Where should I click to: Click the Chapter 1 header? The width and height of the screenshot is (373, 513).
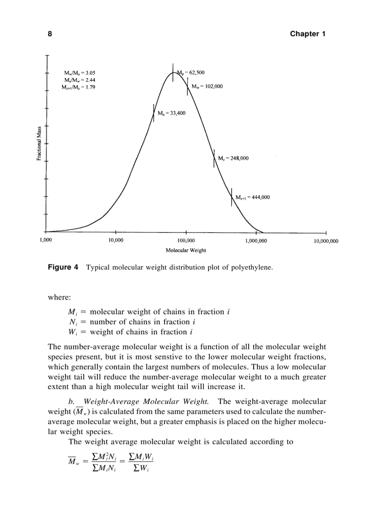click(308, 34)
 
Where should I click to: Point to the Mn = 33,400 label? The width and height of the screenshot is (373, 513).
click(171, 113)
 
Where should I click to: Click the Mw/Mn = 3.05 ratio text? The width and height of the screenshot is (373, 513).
click(80, 73)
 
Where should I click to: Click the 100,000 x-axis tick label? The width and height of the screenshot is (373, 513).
click(186, 241)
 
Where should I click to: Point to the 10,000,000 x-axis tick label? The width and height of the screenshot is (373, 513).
click(325, 241)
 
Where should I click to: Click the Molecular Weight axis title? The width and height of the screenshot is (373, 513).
click(186, 250)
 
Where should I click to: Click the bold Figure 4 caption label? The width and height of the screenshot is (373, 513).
click(63, 267)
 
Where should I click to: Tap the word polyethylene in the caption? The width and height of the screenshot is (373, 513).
click(252, 268)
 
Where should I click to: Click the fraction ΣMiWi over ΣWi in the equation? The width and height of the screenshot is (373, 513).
click(140, 462)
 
